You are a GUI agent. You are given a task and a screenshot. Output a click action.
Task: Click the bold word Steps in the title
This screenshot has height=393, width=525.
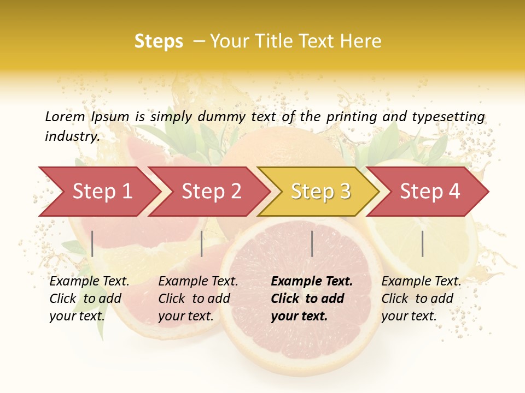(x=159, y=41)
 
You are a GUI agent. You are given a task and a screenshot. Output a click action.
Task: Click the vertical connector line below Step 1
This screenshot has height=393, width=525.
(x=92, y=243)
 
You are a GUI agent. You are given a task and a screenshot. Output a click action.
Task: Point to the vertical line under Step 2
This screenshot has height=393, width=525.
(x=202, y=243)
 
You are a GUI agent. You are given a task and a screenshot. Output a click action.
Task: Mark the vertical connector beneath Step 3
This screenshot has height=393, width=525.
(x=312, y=243)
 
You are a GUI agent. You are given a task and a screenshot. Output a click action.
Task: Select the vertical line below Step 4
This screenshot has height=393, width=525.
(x=423, y=243)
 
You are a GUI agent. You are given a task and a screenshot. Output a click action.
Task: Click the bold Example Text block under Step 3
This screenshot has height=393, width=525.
(x=312, y=299)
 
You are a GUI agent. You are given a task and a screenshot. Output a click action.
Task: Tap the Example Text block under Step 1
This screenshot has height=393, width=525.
(x=89, y=299)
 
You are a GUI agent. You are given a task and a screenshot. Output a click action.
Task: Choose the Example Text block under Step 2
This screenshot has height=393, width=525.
(x=198, y=299)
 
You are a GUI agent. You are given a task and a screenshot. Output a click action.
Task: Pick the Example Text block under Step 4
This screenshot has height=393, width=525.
(x=421, y=299)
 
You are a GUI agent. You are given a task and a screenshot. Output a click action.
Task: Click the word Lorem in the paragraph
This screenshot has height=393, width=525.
(x=65, y=116)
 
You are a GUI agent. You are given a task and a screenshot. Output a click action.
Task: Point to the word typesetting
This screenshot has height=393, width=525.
(x=448, y=116)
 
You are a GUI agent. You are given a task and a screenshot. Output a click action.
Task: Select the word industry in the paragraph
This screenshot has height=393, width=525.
(x=72, y=136)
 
